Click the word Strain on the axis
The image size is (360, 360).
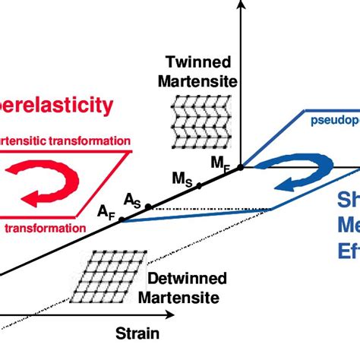pyautogui.click(x=137, y=333)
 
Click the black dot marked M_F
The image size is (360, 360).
pyautogui.click(x=241, y=167)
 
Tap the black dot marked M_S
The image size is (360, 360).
pyautogui.click(x=199, y=185)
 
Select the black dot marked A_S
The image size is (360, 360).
pyautogui.click(x=149, y=206)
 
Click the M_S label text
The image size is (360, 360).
pyautogui.click(x=182, y=179)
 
